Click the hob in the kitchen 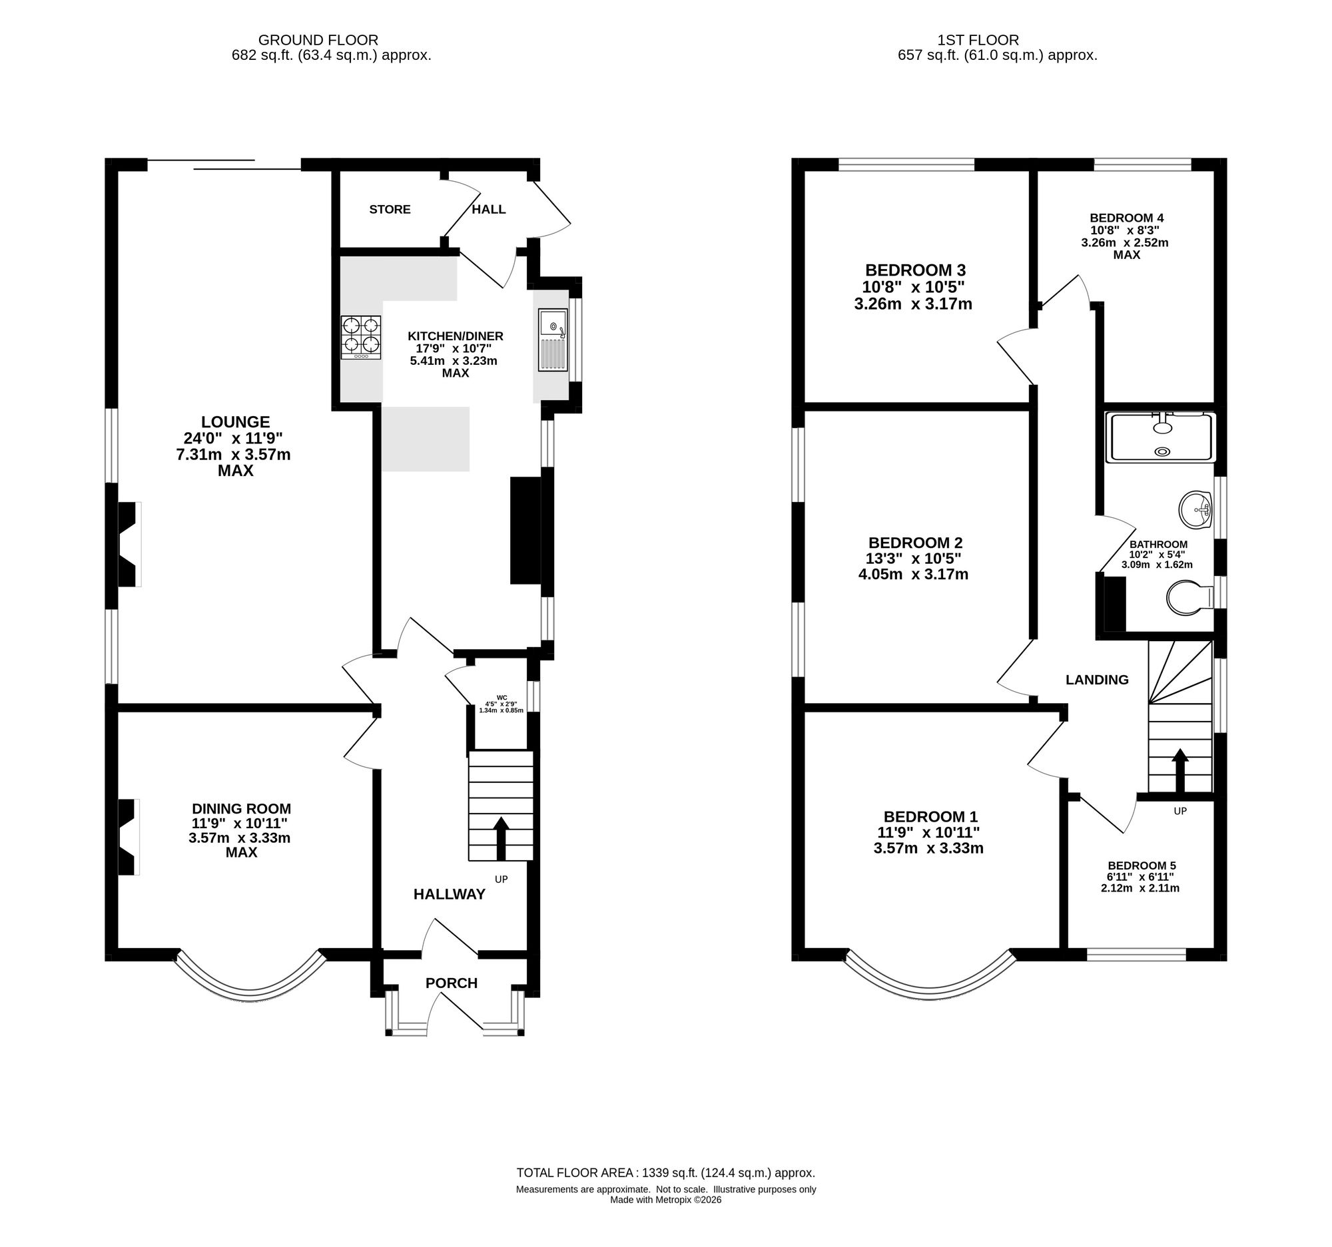361,338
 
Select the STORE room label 390,210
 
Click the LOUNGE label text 235,422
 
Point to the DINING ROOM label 242,808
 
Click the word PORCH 452,983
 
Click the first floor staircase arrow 1180,770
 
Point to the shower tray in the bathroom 1161,437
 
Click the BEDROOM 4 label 1127,218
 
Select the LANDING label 1098,680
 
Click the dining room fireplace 129,837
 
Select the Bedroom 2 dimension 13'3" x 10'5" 914,559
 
